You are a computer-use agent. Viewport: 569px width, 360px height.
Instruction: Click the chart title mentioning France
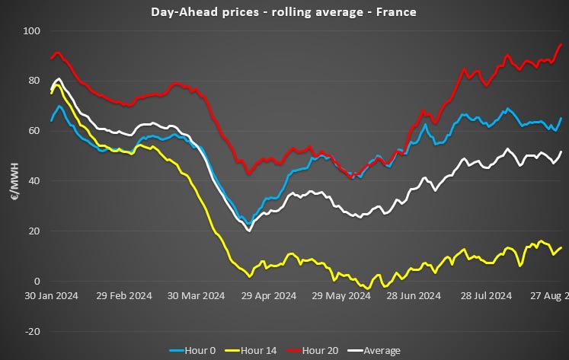284,11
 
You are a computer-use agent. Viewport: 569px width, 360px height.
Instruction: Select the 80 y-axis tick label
34,81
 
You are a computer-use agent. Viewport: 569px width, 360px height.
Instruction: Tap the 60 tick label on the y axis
34,131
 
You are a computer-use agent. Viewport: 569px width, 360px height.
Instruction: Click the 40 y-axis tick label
34,181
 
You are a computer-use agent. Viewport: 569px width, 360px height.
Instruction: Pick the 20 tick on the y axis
34,231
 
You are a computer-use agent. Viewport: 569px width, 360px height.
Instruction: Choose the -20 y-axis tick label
32,332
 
